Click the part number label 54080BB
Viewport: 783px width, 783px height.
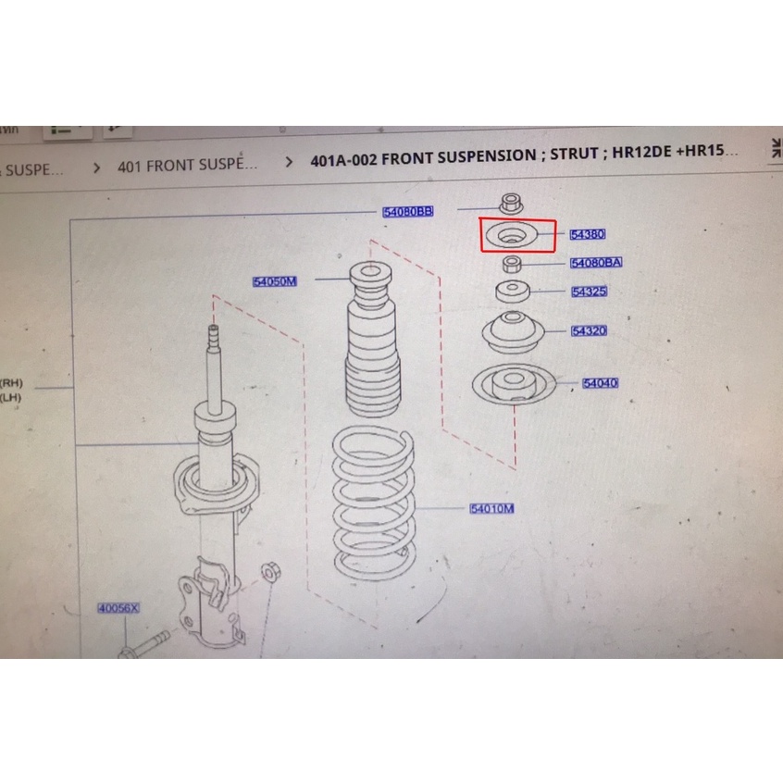coord(407,212)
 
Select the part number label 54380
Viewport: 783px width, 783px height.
coord(588,235)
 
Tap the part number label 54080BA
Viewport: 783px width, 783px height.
coord(596,263)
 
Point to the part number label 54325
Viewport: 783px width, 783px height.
coord(589,292)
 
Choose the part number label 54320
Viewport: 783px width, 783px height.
coord(589,330)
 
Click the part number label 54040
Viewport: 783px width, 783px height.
coord(600,382)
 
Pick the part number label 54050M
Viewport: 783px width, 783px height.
coord(274,281)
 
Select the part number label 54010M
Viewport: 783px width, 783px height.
coord(491,508)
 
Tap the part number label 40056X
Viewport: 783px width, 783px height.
coord(118,609)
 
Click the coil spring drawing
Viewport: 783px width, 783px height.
coord(373,504)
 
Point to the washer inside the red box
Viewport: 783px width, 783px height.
coord(510,237)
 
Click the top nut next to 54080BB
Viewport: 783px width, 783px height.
coord(508,203)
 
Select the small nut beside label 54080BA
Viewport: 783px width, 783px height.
coord(510,265)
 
